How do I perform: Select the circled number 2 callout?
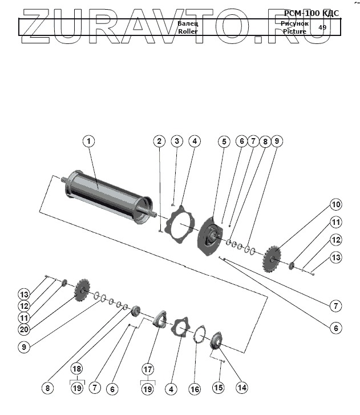[x=160, y=140]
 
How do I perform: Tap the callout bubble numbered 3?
[x=177, y=140]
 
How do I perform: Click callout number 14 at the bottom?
[x=242, y=388]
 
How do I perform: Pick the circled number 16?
[x=195, y=389]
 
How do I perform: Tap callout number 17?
[x=148, y=369]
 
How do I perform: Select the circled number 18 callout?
[x=77, y=369]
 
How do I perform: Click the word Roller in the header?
[x=187, y=32]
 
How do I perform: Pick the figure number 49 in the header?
[x=322, y=27]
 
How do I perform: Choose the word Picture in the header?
[x=294, y=31]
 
